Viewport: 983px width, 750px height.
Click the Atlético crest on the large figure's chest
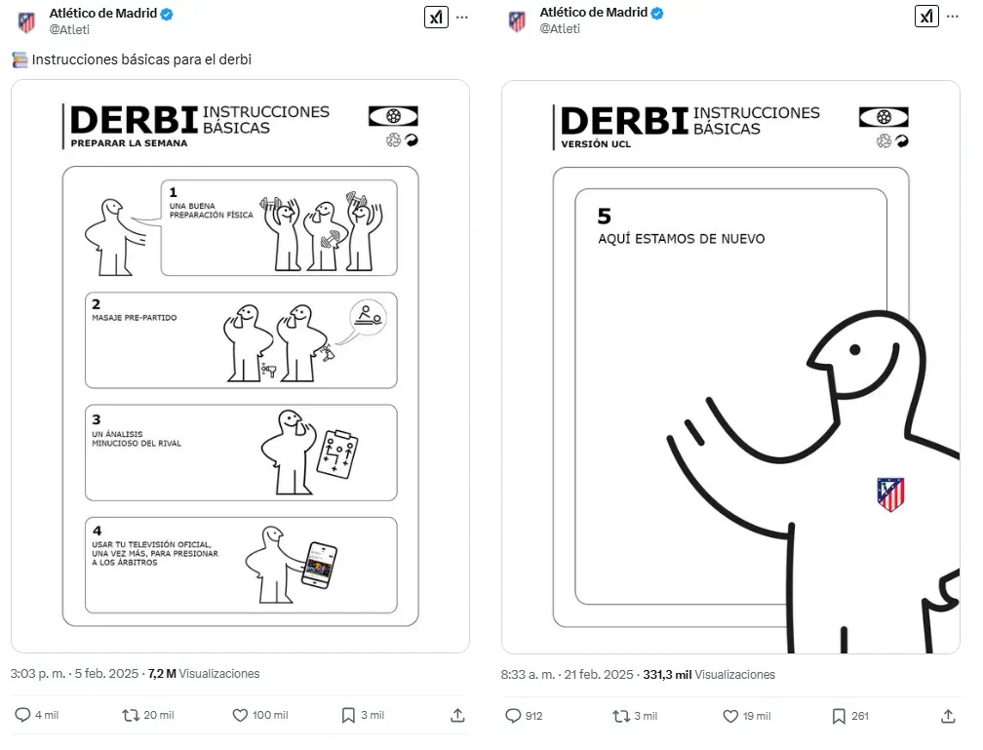(x=890, y=494)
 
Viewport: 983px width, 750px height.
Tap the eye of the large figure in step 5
(x=855, y=350)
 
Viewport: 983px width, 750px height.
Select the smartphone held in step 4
(x=319, y=565)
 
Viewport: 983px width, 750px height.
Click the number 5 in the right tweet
(x=605, y=217)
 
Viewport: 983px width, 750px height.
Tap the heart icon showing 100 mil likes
(x=240, y=715)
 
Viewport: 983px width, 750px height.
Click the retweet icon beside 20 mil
(x=131, y=715)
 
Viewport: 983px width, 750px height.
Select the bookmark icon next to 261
(x=839, y=716)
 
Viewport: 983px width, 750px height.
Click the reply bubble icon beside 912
(x=513, y=716)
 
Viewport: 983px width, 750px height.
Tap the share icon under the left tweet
(x=457, y=715)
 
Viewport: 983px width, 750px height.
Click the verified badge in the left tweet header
(x=167, y=14)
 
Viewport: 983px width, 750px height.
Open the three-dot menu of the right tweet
(x=952, y=17)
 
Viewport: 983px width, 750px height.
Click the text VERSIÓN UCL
(x=596, y=144)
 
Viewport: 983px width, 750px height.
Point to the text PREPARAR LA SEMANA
(x=129, y=143)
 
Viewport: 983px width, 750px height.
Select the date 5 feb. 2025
(x=106, y=674)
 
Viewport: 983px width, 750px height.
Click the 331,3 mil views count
(x=667, y=675)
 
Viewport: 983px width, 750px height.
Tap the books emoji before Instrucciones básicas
(x=20, y=59)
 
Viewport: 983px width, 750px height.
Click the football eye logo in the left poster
(x=393, y=116)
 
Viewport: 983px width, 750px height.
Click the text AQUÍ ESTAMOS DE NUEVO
(x=682, y=239)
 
